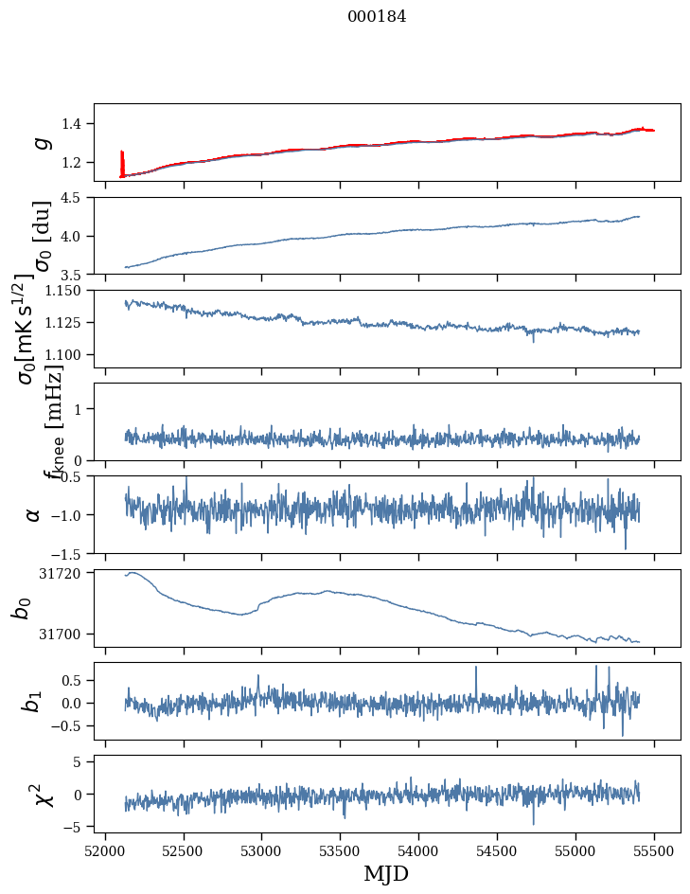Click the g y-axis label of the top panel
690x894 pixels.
tap(39, 142)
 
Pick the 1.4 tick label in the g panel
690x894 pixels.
tap(73, 124)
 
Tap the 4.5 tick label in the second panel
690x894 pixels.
tap(73, 198)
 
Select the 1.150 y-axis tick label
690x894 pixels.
tap(64, 291)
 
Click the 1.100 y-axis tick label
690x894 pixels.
tap(64, 354)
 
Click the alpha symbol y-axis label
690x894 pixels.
tap(34, 514)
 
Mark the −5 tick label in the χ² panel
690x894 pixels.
tap(74, 827)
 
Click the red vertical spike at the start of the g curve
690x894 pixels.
tap(122, 163)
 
